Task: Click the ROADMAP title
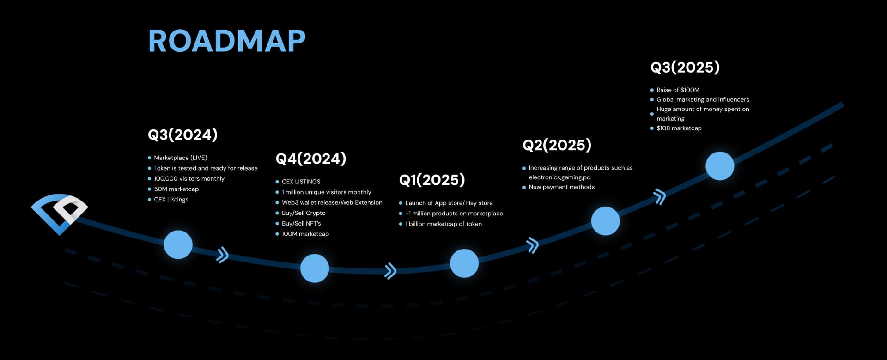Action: click(227, 41)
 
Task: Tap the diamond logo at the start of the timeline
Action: click(59, 214)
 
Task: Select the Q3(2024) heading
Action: click(182, 135)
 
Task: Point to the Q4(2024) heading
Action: click(311, 159)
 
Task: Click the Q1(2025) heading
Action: click(432, 180)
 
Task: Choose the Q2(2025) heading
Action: click(557, 145)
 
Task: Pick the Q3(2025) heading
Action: click(685, 67)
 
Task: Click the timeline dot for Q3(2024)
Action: click(178, 244)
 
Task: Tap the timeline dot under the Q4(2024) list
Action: click(315, 268)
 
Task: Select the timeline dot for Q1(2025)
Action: click(464, 263)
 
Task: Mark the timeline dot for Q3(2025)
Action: click(720, 165)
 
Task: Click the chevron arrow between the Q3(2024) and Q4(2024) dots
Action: click(223, 255)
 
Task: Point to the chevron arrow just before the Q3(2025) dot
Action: click(660, 196)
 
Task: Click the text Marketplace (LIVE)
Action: click(181, 158)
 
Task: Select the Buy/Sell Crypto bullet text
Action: click(304, 213)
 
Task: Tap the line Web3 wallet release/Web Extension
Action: click(332, 202)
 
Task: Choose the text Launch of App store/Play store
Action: click(449, 203)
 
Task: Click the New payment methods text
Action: click(562, 187)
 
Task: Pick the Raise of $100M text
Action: click(678, 90)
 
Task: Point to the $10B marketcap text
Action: click(679, 128)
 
